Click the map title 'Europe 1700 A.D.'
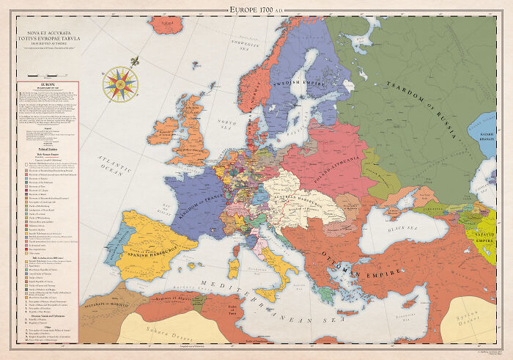click(x=256, y=7)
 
